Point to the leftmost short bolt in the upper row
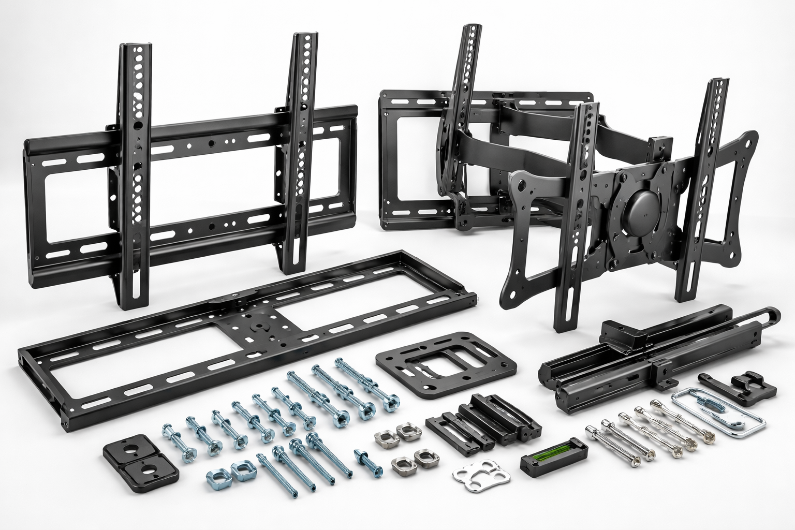point(173,437)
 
